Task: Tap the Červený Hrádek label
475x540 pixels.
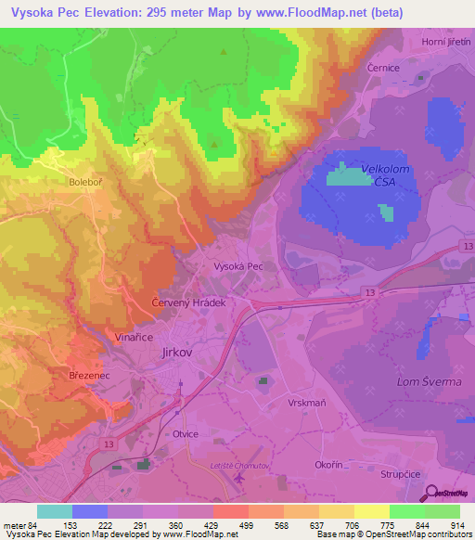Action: (x=188, y=303)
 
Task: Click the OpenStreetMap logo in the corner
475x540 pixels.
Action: (x=449, y=494)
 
